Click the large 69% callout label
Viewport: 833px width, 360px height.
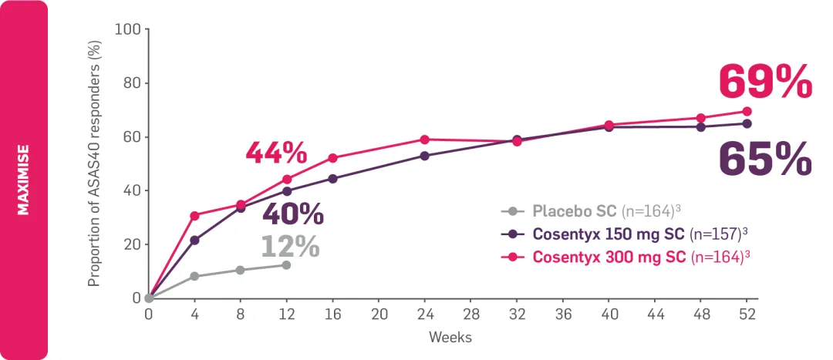765,82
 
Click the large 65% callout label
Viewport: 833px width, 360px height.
765,159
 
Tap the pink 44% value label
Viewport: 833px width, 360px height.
276,153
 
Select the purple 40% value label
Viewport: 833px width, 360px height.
293,215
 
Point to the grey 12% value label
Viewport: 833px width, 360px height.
289,247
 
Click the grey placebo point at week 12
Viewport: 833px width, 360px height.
286,265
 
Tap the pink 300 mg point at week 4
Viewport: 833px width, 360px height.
194,216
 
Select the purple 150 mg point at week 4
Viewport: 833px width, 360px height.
194,241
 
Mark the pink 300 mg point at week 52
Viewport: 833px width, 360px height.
747,111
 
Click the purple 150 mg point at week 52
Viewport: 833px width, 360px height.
747,123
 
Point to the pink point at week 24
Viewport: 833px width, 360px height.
424,140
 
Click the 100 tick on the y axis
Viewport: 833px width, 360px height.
127,29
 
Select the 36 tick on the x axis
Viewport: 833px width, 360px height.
563,315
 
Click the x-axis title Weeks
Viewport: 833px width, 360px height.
450,338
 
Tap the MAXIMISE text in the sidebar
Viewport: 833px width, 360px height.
24,180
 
